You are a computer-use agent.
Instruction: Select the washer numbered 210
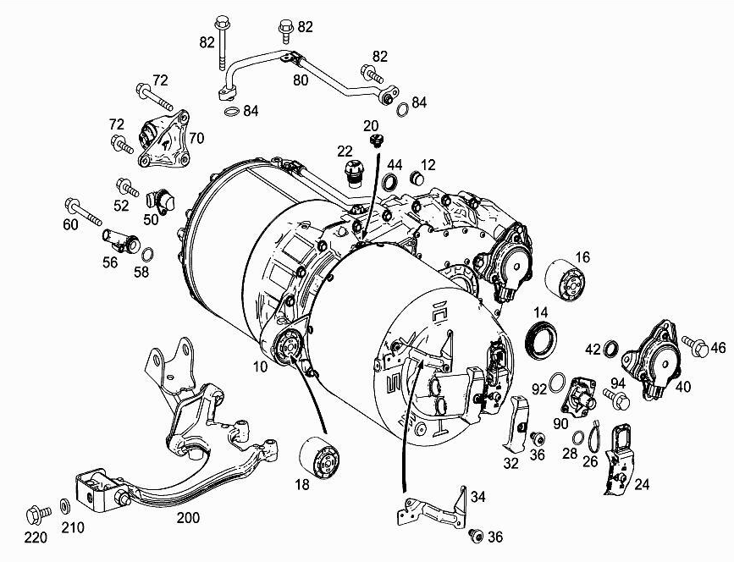[65, 507]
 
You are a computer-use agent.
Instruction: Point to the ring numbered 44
[392, 181]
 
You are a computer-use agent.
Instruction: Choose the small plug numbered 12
[417, 179]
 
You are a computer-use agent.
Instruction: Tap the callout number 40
[683, 387]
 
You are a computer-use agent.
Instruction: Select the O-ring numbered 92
[557, 383]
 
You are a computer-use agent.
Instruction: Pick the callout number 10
[259, 367]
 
